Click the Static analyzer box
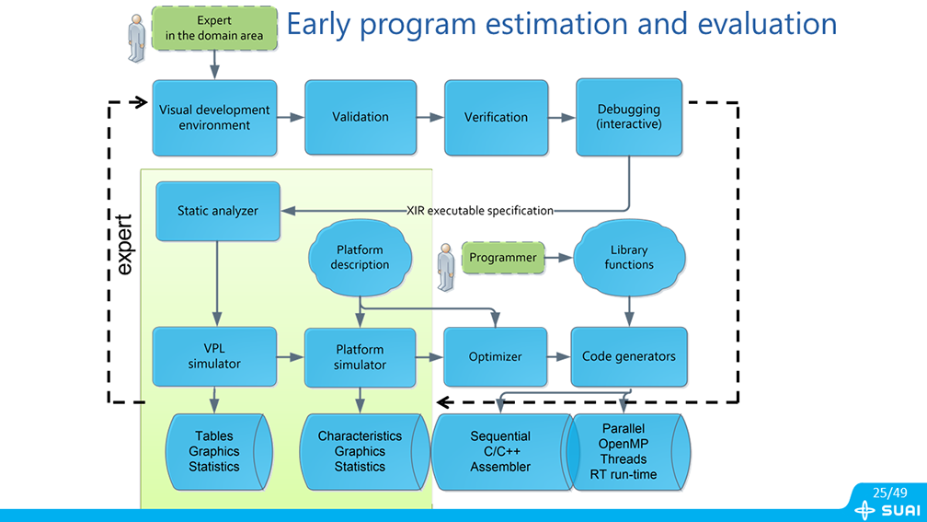(x=218, y=211)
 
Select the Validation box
(x=360, y=117)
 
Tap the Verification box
(x=496, y=117)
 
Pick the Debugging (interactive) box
(x=629, y=117)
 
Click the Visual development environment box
(x=214, y=117)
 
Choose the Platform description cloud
(x=360, y=258)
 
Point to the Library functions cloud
(x=629, y=258)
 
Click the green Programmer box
(x=502, y=258)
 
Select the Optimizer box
(x=496, y=356)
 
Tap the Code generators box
(x=629, y=356)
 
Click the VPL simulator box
(x=214, y=356)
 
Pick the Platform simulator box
(x=360, y=356)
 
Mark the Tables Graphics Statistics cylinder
(x=214, y=451)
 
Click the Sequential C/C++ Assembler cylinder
(x=500, y=451)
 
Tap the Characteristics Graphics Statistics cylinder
(x=360, y=451)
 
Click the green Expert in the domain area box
(x=214, y=28)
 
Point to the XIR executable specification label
(x=480, y=211)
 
